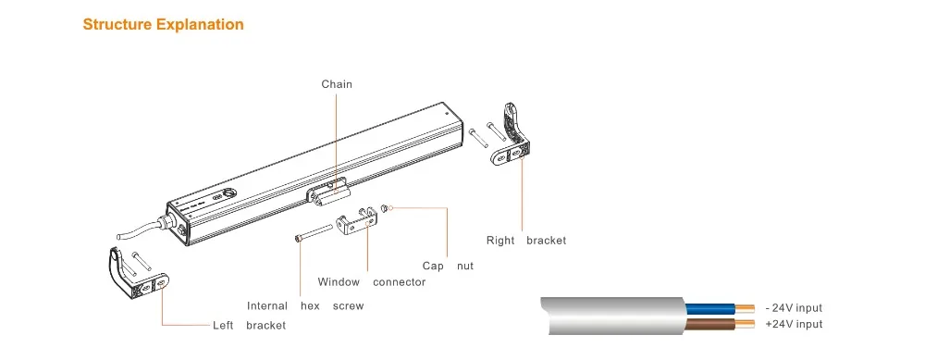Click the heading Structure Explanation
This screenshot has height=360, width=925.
click(163, 24)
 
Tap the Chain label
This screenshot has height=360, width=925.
click(337, 84)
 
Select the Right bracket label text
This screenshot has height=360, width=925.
click(526, 241)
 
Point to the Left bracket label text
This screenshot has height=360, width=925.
click(249, 325)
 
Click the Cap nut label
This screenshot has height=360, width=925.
click(448, 266)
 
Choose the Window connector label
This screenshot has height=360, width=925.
click(372, 282)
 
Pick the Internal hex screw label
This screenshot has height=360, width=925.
click(305, 305)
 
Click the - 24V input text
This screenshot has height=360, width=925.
click(794, 307)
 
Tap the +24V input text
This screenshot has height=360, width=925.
click(794, 324)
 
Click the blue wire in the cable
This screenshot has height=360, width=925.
click(710, 308)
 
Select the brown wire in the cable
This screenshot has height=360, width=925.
click(710, 323)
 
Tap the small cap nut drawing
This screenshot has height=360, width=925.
click(385, 207)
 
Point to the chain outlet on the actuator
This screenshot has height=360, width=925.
click(327, 193)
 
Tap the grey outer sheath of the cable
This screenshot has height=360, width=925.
click(613, 316)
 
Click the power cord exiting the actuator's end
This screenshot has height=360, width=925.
click(142, 229)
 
